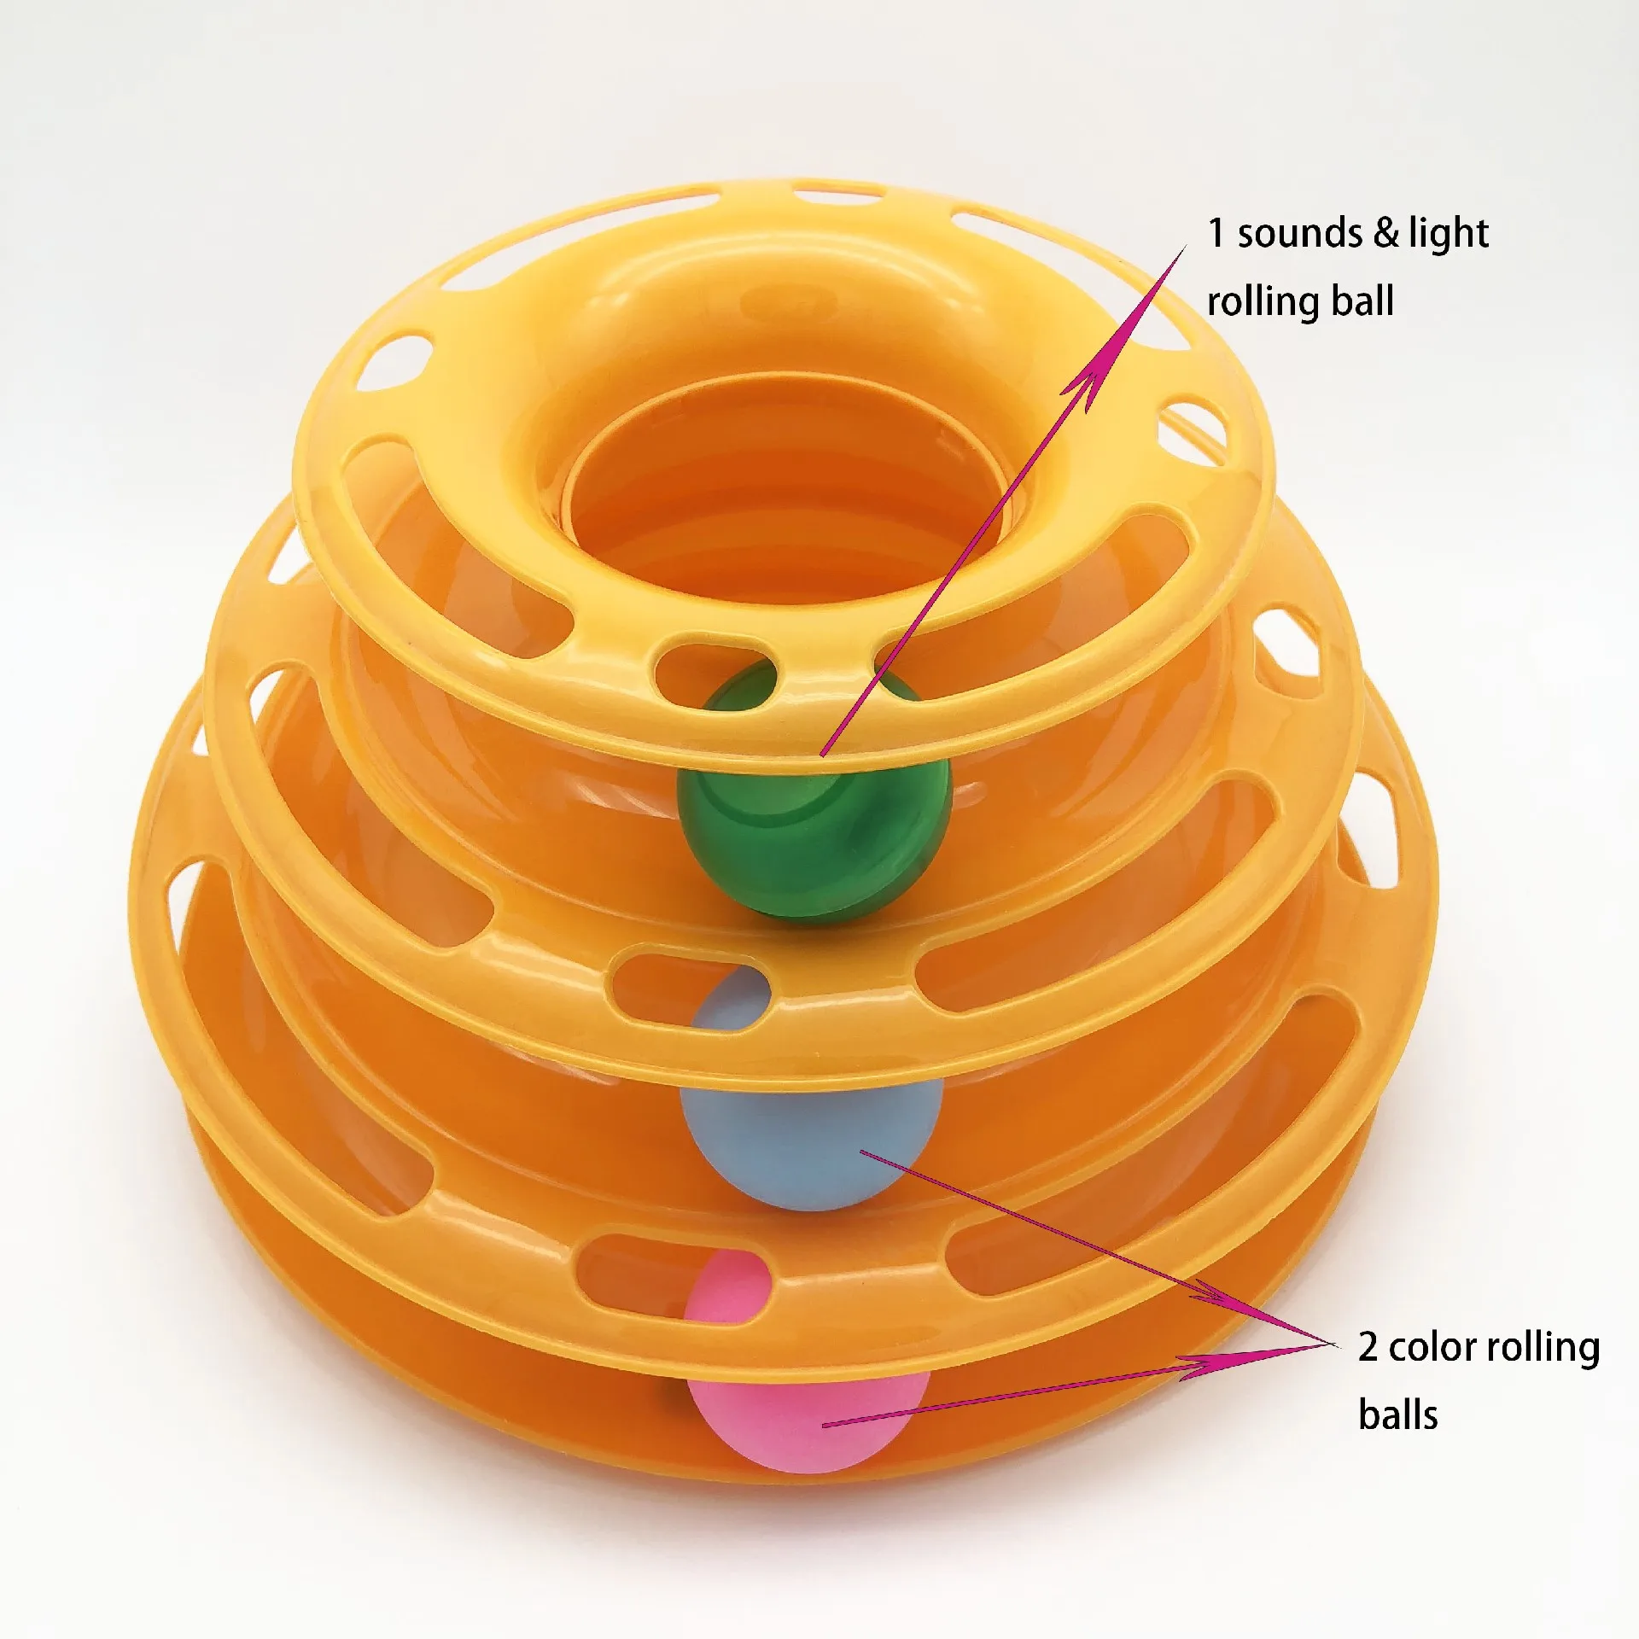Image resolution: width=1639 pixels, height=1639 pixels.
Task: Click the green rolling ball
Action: [814, 819]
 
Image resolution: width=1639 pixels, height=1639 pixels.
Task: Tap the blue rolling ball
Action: [811, 1127]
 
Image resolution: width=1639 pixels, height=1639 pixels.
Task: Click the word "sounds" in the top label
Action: [1298, 233]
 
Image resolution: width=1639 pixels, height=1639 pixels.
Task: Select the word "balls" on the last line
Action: [1397, 1415]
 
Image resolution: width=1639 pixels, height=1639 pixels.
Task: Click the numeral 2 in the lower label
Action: [1368, 1347]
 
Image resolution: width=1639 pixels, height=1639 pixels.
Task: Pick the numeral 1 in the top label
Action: [1216, 233]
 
